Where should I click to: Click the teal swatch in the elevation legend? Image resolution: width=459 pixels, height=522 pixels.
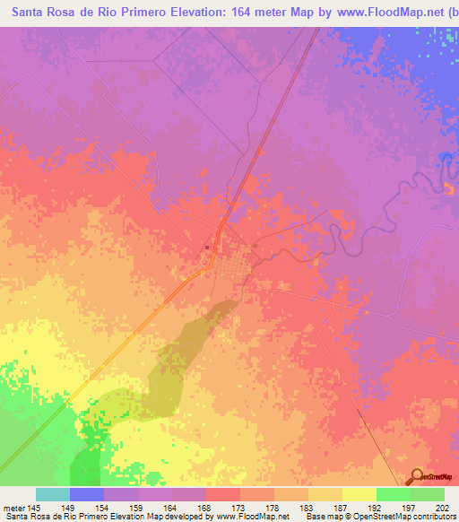[x=53, y=494]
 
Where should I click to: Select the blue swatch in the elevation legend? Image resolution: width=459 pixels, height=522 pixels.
[x=87, y=494]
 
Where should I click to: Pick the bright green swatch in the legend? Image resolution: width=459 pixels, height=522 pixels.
[x=393, y=494]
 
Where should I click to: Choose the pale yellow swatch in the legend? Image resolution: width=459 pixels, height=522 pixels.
[x=359, y=494]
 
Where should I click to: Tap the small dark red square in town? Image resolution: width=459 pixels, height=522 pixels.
[x=206, y=248]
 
